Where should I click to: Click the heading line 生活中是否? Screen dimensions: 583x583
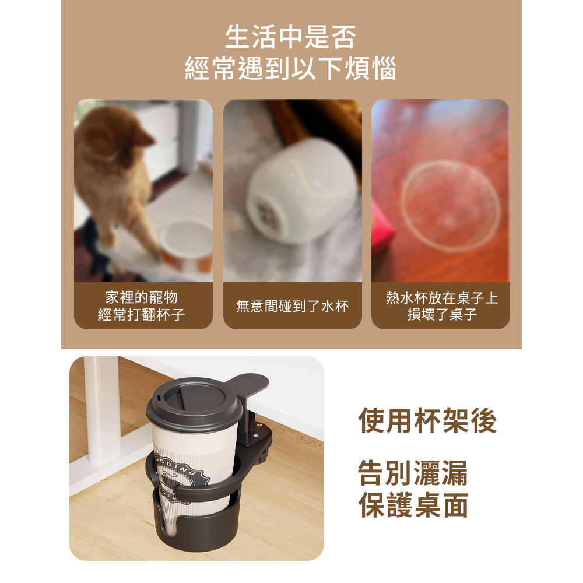tap(290, 37)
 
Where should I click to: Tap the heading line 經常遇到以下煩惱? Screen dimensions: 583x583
tap(290, 68)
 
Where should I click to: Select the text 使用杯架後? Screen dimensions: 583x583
tap(427, 420)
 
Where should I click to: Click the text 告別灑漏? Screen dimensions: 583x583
tap(413, 473)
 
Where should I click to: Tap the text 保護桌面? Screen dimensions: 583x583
tap(413, 504)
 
